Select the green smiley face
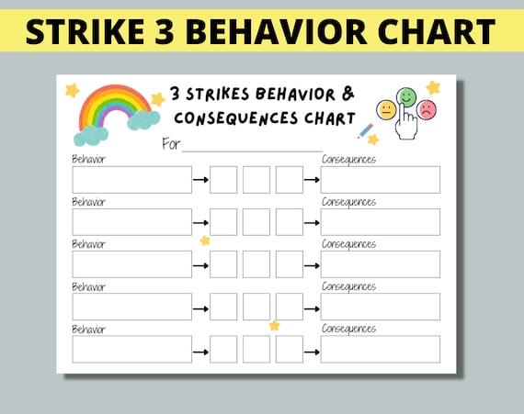[406, 95]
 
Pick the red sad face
[427, 109]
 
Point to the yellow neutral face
[386, 109]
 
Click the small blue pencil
[365, 131]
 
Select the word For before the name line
[171, 143]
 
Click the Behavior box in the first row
[131, 180]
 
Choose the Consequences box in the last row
[380, 349]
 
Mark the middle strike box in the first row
[256, 180]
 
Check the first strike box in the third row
[223, 264]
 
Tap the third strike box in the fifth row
[290, 349]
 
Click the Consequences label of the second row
[348, 202]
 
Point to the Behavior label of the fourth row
[88, 286]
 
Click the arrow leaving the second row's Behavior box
[200, 222]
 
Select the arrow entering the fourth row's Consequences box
[312, 307]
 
